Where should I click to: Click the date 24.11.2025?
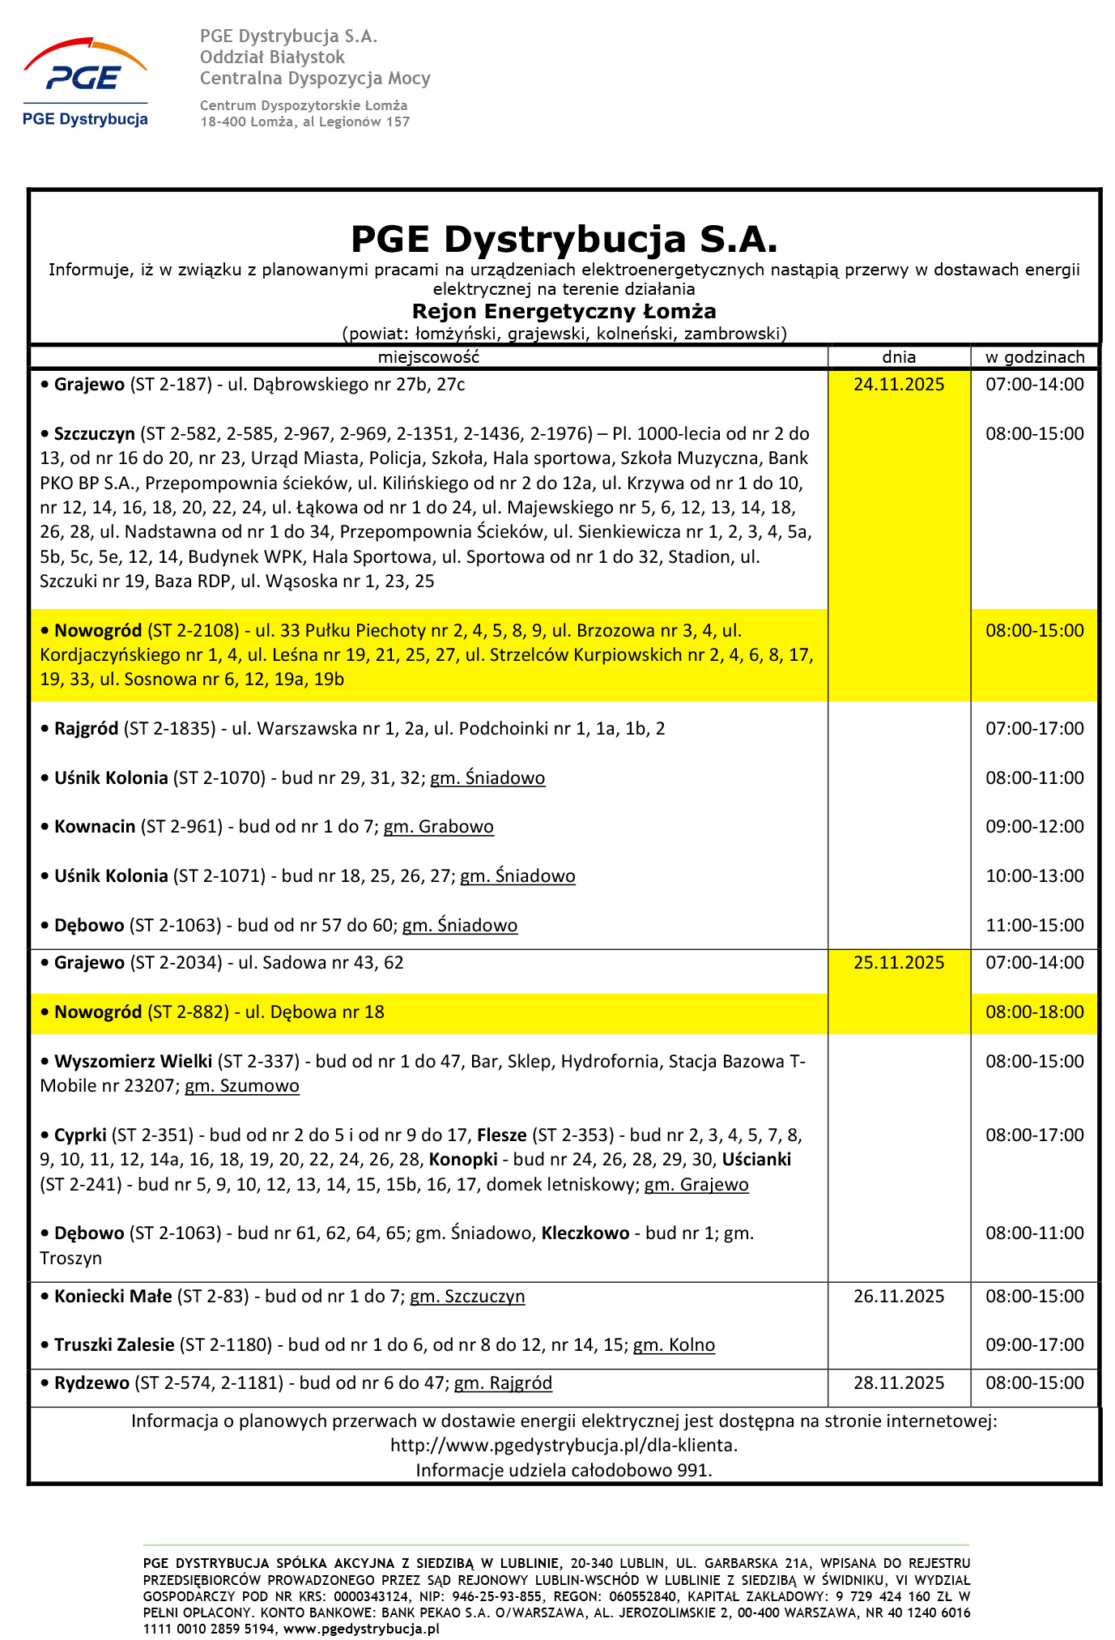click(898, 384)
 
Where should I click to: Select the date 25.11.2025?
click(898, 962)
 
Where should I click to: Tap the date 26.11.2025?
click(898, 1296)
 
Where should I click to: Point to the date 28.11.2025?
click(898, 1382)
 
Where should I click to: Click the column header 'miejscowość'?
click(428, 356)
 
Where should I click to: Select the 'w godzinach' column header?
click(1034, 356)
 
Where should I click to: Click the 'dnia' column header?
click(898, 356)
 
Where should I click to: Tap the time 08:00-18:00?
click(1034, 1012)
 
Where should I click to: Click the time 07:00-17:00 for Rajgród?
click(1034, 728)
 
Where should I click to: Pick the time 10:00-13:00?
click(1034, 875)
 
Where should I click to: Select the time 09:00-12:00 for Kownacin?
click(1034, 826)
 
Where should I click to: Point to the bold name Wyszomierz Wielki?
click(133, 1061)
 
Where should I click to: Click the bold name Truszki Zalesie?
click(114, 1345)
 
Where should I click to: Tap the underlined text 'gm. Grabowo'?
click(438, 826)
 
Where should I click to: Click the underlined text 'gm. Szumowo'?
click(241, 1085)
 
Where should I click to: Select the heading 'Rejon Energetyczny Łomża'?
click(564, 312)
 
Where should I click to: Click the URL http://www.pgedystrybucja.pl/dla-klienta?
click(564, 1445)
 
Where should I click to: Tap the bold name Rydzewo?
click(91, 1382)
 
